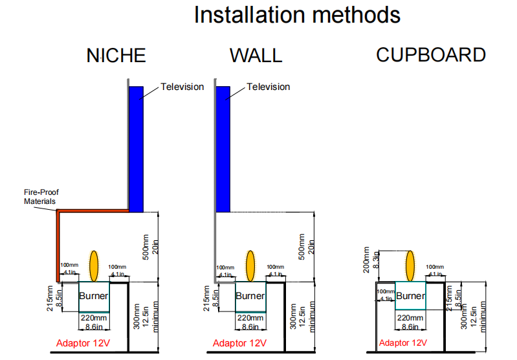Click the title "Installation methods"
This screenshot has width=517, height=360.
coord(297,15)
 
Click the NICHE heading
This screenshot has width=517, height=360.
coord(116,56)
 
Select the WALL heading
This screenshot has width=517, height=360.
coord(256,56)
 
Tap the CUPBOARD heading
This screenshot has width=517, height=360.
coord(431,55)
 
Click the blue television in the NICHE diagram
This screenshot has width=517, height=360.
coord(135,149)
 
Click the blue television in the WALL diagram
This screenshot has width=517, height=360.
coord(223,149)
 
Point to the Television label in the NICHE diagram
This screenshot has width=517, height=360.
coord(182,87)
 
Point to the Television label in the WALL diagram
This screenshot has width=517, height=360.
coord(269,87)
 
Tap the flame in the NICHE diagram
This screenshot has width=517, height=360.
coord(94,265)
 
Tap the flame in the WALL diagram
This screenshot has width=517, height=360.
coord(250,265)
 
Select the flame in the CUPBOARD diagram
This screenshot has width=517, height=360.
coord(410,265)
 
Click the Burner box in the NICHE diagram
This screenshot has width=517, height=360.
coord(94,297)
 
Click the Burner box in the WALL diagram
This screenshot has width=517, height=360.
coord(250,297)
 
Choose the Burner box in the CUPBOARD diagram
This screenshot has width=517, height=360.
coord(410,297)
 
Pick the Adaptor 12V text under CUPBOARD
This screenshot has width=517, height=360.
coord(403,343)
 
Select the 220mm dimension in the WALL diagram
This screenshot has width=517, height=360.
coord(250,318)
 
